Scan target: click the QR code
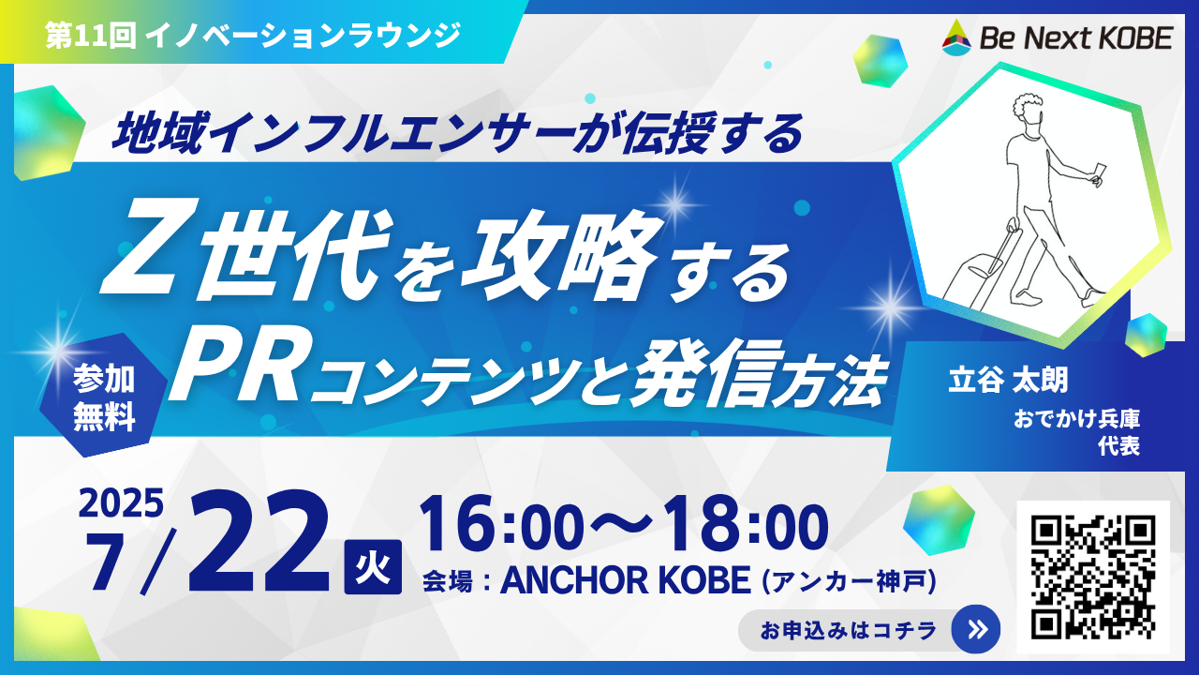click(1093, 577)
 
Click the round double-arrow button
click(976, 629)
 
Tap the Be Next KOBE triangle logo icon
click(956, 37)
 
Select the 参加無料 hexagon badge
click(103, 396)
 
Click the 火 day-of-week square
click(373, 567)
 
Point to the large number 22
click(259, 541)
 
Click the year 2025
click(121, 503)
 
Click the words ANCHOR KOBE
click(625, 580)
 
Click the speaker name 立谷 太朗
click(1007, 380)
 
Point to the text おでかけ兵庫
click(1076, 419)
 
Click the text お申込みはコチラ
click(848, 630)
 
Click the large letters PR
click(237, 370)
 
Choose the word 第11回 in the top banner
click(90, 37)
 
